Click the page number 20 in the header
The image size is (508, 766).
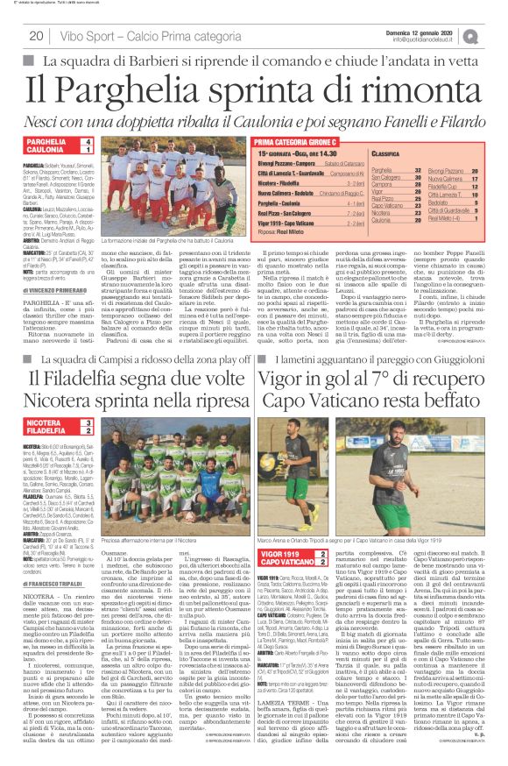coord(37,36)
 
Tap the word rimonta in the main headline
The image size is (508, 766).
coord(420,89)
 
